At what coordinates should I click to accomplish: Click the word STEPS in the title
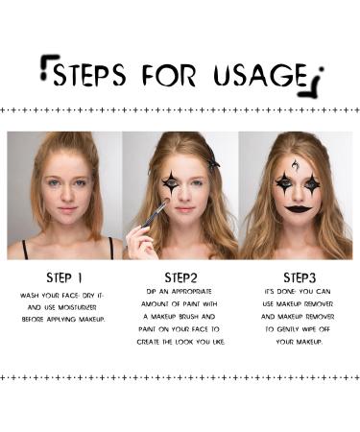(89, 75)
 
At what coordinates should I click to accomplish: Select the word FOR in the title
(169, 76)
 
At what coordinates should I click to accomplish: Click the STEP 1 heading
(64, 277)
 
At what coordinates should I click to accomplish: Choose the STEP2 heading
(180, 277)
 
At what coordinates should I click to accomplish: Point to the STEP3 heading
(300, 277)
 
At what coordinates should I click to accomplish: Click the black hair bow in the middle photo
(213, 163)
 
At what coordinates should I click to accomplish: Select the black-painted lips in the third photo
(298, 209)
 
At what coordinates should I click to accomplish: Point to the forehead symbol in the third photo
(295, 165)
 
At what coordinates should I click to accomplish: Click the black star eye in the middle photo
(171, 183)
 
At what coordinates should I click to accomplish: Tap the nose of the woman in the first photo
(67, 196)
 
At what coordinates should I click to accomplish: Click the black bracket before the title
(49, 67)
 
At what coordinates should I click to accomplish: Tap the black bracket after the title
(312, 82)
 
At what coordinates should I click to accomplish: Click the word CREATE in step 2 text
(148, 342)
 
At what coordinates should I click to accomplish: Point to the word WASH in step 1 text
(29, 296)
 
